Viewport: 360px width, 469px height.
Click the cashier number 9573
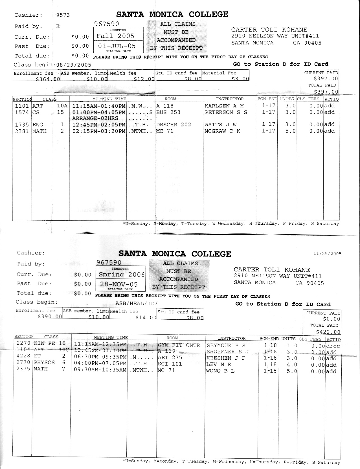[63, 15]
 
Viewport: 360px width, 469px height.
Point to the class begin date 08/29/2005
[74, 65]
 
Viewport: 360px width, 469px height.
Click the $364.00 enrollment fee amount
[48, 79]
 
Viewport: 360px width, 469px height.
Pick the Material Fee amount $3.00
[240, 79]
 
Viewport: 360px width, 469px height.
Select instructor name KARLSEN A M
[224, 106]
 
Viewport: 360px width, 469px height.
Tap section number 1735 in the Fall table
[22, 125]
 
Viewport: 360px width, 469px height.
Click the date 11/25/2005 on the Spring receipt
[327, 254]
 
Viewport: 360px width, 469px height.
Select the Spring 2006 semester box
[121, 274]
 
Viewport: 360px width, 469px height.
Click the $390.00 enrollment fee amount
[50, 317]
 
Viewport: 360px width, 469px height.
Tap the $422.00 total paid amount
[328, 332]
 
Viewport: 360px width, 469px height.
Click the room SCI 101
[170, 364]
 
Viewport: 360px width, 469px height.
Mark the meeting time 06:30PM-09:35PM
[100, 358]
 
